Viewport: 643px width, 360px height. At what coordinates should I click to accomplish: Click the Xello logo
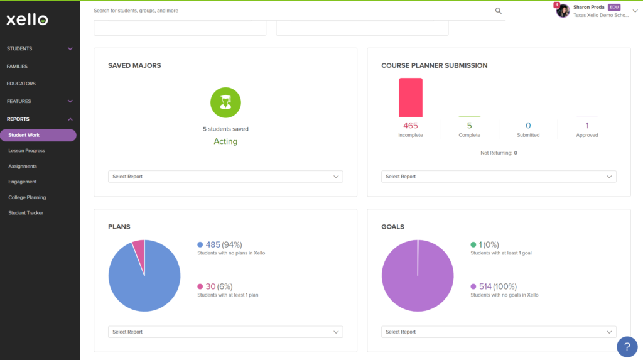[x=27, y=19]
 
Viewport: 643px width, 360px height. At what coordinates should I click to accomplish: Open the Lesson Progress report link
[x=26, y=151]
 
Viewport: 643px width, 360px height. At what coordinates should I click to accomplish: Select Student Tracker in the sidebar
[x=25, y=212]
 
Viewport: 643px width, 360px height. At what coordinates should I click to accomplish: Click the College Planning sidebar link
[x=27, y=197]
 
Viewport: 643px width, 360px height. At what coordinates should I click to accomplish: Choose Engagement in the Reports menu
[x=23, y=182]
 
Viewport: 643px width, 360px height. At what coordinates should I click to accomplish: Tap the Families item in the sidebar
[x=17, y=66]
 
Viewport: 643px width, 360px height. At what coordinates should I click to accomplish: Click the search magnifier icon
[x=498, y=11]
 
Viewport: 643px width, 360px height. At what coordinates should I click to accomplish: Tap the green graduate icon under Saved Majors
[x=225, y=102]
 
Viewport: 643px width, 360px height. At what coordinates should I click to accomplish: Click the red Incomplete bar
[x=411, y=98]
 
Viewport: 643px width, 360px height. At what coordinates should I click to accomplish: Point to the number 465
[x=411, y=126]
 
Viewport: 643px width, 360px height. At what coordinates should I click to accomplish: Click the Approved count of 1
[x=587, y=126]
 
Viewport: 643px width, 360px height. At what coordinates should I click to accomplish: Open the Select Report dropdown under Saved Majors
[x=225, y=177]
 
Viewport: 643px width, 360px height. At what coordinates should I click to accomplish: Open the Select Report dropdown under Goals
[x=499, y=332]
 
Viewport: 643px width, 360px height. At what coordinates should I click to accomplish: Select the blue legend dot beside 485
[x=200, y=244]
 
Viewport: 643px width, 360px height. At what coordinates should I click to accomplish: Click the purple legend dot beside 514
[x=473, y=286]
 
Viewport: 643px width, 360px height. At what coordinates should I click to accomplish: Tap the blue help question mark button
[x=627, y=347]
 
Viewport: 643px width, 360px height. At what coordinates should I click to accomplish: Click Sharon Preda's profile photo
[x=563, y=11]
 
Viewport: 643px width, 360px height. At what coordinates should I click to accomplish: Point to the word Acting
[x=225, y=141]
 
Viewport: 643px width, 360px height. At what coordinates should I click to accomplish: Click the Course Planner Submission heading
[x=435, y=66]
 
